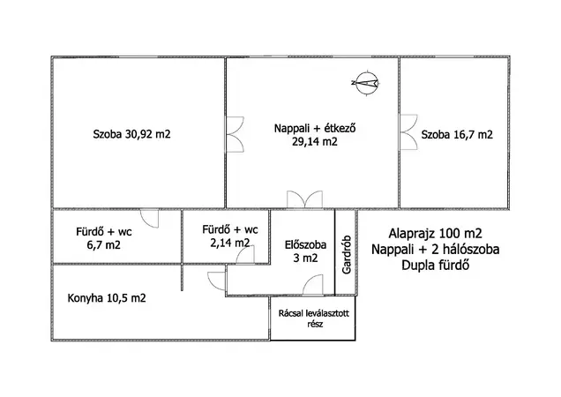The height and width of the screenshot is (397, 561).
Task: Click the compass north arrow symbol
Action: tap(365, 83)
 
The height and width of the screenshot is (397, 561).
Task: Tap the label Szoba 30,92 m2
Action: tap(131, 134)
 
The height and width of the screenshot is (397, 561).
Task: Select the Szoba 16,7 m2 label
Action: tap(457, 135)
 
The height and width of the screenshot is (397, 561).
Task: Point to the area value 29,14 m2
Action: tap(315, 142)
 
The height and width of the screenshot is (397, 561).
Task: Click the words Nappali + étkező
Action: tap(315, 128)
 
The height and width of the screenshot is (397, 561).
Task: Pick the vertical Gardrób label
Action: tap(347, 255)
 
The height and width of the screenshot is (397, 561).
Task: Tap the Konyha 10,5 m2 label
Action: tap(107, 298)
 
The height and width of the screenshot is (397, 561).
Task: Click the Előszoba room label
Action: tap(305, 245)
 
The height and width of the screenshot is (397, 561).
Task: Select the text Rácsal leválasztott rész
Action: tap(314, 318)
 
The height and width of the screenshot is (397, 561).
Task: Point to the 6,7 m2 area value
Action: tap(104, 245)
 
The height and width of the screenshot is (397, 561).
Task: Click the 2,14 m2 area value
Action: tap(230, 243)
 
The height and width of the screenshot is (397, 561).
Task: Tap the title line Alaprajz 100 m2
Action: tap(436, 234)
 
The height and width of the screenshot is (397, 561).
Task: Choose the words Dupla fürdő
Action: tap(436, 266)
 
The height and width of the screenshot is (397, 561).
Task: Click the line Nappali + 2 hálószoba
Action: tap(436, 249)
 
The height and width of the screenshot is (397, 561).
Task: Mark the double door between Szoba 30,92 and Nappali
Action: tap(235, 134)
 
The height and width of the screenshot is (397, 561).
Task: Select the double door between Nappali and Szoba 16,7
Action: tap(408, 132)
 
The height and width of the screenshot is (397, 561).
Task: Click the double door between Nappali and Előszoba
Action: tap(305, 199)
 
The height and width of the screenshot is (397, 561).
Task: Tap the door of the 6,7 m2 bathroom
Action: tap(149, 219)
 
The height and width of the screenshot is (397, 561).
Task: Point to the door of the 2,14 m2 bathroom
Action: tap(245, 256)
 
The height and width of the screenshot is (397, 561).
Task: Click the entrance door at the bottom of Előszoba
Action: tap(313, 285)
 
